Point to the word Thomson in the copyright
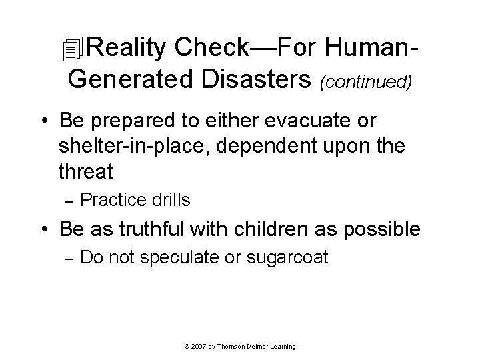click(232, 347)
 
